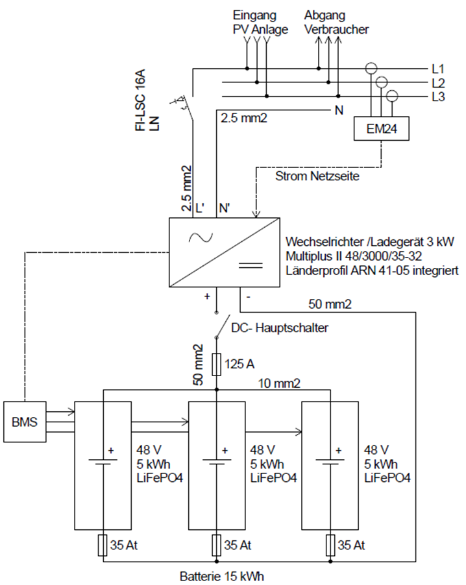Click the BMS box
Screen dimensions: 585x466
(25, 422)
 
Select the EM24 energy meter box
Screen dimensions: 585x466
(382, 130)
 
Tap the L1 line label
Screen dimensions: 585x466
(437, 68)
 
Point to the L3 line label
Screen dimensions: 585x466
(437, 97)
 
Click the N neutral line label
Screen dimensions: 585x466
(338, 110)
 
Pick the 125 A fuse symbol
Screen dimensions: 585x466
(217, 363)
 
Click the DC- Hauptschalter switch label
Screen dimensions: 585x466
(280, 328)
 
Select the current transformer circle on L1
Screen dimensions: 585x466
(371, 68)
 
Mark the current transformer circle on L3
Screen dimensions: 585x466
(391, 96)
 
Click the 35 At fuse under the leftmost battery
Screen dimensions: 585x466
(103, 545)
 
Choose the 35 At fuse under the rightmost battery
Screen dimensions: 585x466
(330, 545)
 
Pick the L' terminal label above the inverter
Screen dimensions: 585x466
(201, 208)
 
